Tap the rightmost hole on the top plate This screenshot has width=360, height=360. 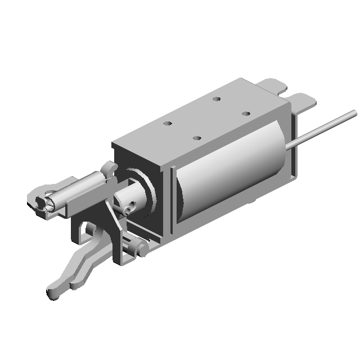pos(246,114)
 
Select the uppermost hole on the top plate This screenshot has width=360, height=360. pos(216,99)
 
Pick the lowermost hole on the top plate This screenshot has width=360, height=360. pos(196,138)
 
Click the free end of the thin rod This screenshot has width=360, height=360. pos(353,112)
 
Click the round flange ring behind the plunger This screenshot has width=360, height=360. pos(147,191)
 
